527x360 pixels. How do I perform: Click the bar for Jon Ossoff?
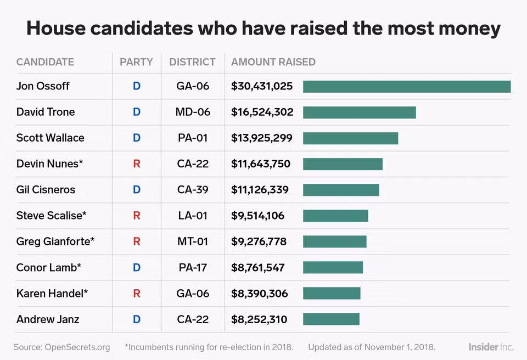[x=407, y=87]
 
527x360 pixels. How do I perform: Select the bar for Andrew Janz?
[x=331, y=319]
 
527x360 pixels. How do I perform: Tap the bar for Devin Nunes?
[x=343, y=164]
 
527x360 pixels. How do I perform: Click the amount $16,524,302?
[x=262, y=112]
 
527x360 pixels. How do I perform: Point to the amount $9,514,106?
[x=258, y=216]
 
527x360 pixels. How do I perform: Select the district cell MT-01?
[x=193, y=241]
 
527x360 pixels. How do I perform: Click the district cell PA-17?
[x=193, y=268]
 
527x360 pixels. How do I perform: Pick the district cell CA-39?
[x=193, y=190]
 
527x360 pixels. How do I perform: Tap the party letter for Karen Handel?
[x=137, y=294]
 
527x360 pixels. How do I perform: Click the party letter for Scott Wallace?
[x=137, y=138]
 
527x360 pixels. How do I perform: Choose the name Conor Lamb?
[x=49, y=268]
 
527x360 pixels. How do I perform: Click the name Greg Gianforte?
[x=55, y=241]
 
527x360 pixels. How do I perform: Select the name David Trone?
[x=46, y=112]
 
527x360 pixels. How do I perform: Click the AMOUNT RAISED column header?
[x=273, y=62]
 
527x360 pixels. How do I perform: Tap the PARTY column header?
[x=136, y=62]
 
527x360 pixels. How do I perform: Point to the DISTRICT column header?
[x=192, y=62]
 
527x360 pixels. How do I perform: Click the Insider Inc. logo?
[x=491, y=347]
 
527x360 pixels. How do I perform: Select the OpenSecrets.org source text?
[x=77, y=347]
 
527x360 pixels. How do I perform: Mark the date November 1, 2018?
[x=400, y=347]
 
